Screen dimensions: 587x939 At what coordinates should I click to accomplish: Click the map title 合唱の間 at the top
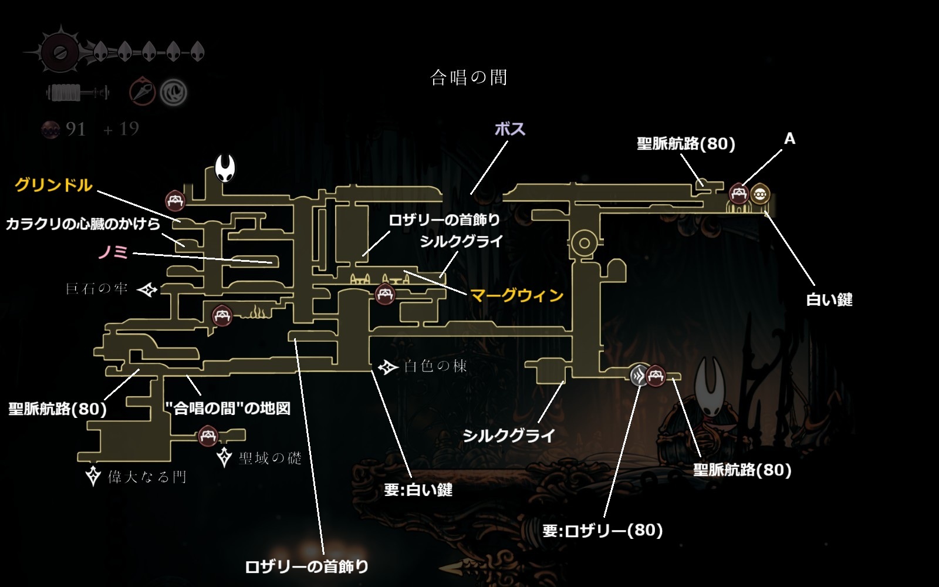click(x=468, y=77)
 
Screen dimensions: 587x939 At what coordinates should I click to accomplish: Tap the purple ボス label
click(x=509, y=129)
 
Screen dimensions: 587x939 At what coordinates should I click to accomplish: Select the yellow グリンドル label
click(x=53, y=185)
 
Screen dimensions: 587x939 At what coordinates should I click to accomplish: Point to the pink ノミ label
click(x=113, y=252)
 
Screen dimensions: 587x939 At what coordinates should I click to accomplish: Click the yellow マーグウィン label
click(x=516, y=295)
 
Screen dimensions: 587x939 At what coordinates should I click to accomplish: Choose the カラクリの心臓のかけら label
click(x=83, y=224)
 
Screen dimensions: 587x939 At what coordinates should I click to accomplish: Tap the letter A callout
click(x=789, y=139)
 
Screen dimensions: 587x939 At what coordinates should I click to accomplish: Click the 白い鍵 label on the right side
click(x=829, y=299)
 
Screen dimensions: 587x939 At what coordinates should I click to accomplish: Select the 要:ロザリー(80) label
click(x=602, y=531)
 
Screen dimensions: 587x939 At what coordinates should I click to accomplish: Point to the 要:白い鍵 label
click(x=418, y=490)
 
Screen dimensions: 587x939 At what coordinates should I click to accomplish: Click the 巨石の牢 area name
click(x=96, y=288)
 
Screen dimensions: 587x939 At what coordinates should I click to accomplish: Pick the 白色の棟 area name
click(x=435, y=366)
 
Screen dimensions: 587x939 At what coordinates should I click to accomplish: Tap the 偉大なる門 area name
click(x=147, y=477)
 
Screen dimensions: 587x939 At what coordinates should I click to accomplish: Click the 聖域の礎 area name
click(x=270, y=458)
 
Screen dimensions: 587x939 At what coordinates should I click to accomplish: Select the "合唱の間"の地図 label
click(x=228, y=409)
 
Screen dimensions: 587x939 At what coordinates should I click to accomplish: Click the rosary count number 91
click(x=75, y=129)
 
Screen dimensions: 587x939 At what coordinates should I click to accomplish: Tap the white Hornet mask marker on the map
click(x=225, y=168)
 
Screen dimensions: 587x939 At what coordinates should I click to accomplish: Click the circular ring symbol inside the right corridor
click(x=584, y=242)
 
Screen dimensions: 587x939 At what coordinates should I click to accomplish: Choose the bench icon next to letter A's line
click(x=738, y=193)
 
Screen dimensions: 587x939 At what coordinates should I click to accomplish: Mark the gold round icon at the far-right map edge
click(x=760, y=193)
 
